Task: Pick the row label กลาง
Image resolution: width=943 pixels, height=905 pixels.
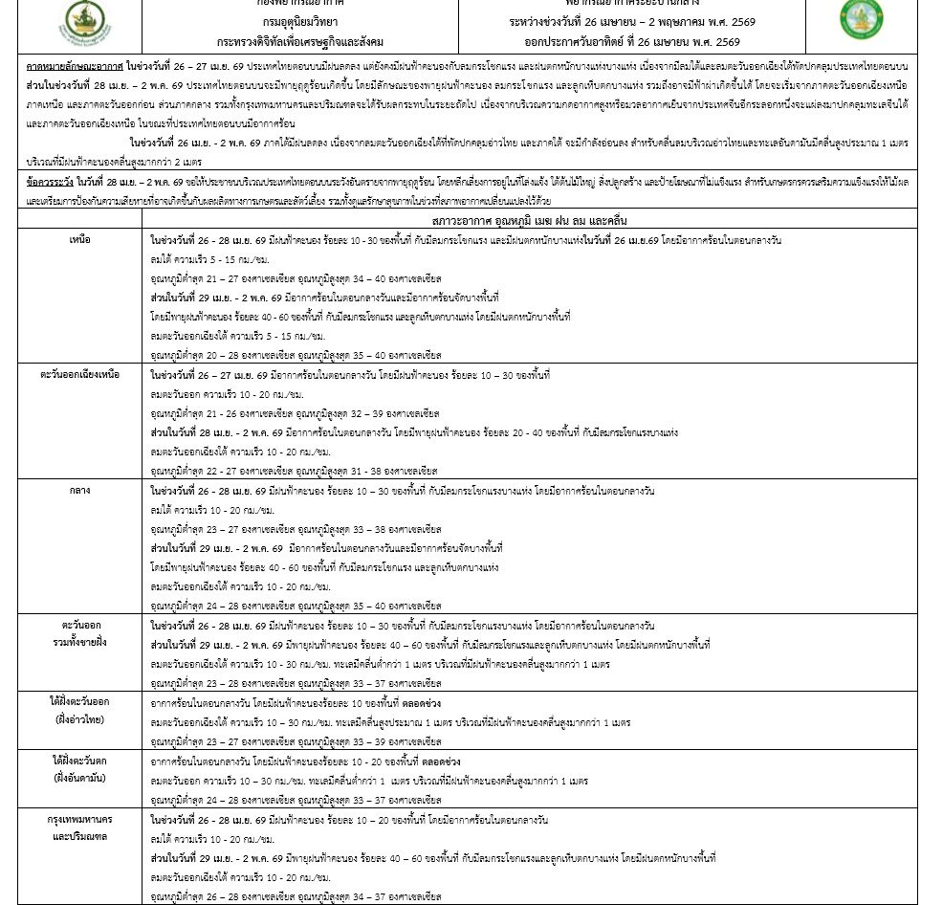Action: coord(79,490)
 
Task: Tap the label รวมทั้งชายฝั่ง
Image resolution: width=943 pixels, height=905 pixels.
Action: coord(79,642)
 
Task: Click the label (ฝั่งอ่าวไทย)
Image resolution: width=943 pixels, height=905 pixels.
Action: coord(79,718)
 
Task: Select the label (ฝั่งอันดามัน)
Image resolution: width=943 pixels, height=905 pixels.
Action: coord(79,778)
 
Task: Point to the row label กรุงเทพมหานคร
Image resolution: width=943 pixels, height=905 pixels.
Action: coord(79,820)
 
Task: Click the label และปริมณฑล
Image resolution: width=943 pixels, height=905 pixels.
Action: coord(79,836)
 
